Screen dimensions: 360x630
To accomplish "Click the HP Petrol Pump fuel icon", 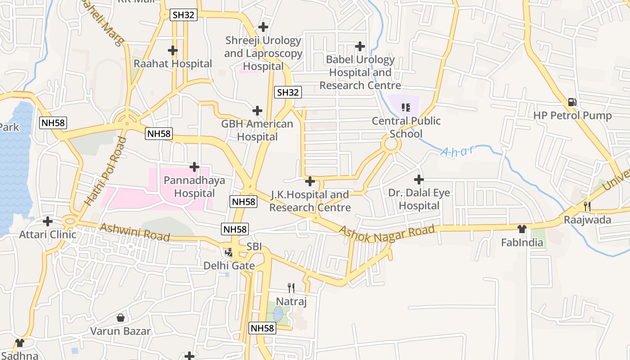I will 572,102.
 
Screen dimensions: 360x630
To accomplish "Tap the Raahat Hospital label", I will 173,64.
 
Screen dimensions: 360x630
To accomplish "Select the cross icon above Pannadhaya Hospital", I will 194,167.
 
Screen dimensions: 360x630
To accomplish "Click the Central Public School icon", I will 406,107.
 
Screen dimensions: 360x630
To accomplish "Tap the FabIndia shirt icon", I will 522,229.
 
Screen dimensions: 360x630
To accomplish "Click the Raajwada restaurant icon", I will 587,207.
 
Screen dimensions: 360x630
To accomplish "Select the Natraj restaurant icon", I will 291,288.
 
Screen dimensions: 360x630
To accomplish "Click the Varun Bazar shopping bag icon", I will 121,318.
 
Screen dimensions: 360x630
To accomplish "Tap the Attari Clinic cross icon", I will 48,221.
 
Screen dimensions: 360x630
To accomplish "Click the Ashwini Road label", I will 135,232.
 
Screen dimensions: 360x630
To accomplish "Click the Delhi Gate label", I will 229,265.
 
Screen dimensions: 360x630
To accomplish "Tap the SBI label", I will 254,247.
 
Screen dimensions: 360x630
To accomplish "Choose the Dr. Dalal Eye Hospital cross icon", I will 419,180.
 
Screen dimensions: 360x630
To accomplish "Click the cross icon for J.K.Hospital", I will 310,181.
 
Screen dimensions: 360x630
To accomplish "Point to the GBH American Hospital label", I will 257,130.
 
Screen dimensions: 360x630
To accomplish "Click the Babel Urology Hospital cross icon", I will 360,46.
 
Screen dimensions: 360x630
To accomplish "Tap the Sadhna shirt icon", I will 19,343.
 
